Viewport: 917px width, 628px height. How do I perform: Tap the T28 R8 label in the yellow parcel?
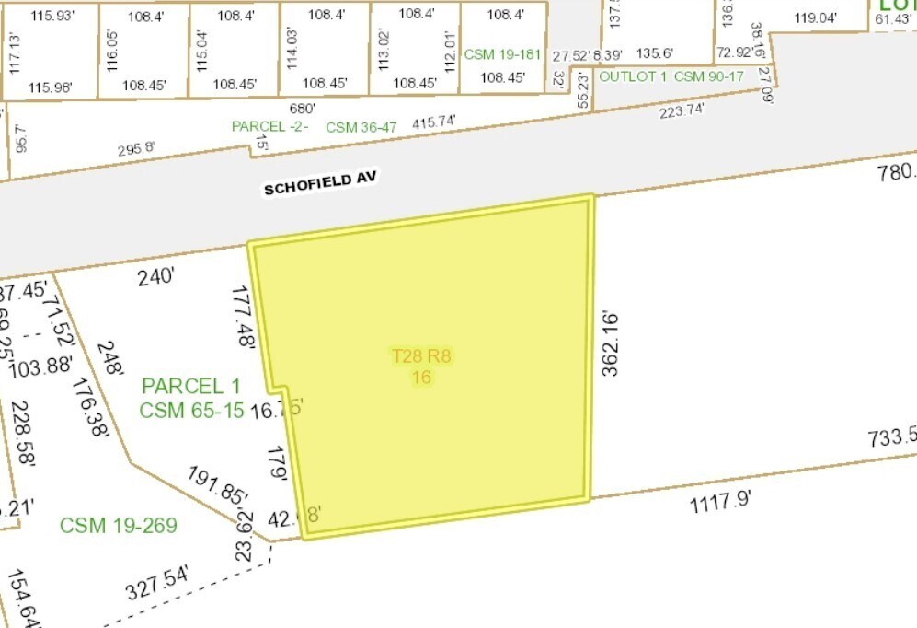pos(422,356)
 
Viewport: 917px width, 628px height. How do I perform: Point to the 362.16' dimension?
pos(610,343)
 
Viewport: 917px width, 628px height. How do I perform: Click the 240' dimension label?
pos(155,277)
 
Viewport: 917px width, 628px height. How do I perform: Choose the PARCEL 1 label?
pos(190,387)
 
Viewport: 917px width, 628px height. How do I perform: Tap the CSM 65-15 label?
pos(191,410)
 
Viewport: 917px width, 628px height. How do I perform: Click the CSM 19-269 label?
pos(118,526)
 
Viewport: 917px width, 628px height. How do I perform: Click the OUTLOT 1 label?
pos(633,76)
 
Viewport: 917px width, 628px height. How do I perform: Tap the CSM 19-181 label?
pos(501,54)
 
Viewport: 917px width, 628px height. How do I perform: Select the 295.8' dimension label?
pos(136,149)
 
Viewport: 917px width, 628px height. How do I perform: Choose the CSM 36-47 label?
pos(361,127)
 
